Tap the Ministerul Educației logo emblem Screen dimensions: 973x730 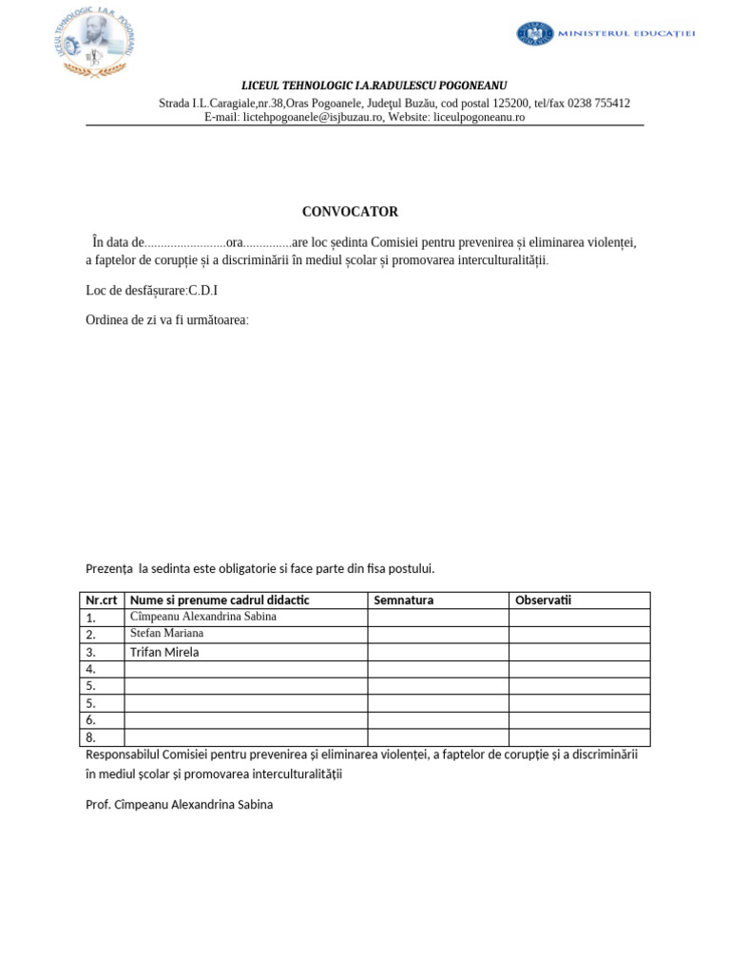click(535, 33)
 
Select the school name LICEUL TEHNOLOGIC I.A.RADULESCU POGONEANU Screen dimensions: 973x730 click(375, 86)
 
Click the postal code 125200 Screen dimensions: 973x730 click(510, 103)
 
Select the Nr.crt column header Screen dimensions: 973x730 click(102, 601)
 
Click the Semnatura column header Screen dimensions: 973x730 click(404, 601)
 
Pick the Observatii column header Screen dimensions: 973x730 click(543, 601)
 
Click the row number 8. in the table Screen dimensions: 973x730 click(91, 737)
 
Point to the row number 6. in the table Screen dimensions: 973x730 click(91, 720)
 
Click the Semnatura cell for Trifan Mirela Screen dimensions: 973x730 click(437, 652)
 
